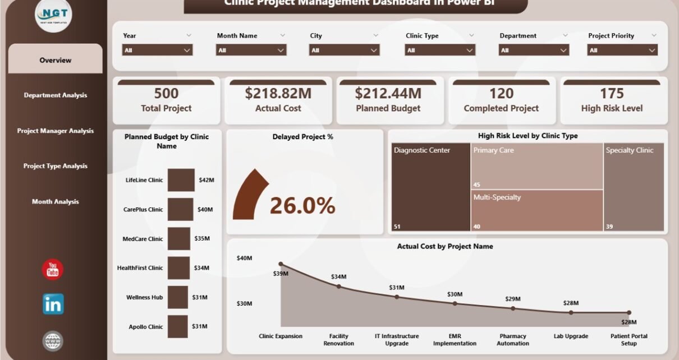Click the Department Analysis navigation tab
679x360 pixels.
click(55, 95)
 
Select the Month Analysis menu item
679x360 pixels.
click(55, 202)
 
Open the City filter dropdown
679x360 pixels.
click(344, 50)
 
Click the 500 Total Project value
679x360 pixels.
click(166, 93)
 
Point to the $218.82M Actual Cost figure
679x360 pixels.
click(278, 93)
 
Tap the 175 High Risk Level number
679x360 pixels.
click(612, 93)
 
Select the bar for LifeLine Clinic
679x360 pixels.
click(181, 180)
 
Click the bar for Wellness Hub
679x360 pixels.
click(177, 297)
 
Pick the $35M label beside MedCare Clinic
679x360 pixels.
click(202, 238)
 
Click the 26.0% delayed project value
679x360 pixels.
click(302, 206)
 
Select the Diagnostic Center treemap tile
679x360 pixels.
click(430, 187)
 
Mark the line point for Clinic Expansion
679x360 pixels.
click(281, 264)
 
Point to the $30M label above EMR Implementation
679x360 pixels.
click(455, 294)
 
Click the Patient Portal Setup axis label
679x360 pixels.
click(628, 340)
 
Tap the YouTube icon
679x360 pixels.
click(53, 270)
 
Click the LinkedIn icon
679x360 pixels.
click(53, 304)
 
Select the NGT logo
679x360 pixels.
click(53, 16)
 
